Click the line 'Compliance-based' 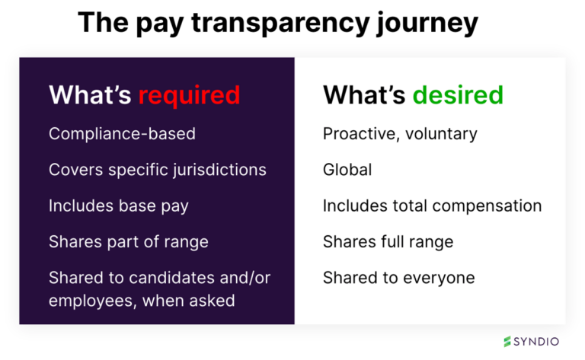pyautogui.click(x=122, y=134)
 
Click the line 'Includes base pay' pyautogui.click(x=119, y=205)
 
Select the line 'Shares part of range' pyautogui.click(x=128, y=241)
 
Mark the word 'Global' pyautogui.click(x=347, y=169)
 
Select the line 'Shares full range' pyautogui.click(x=388, y=241)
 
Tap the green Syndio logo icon pyautogui.click(x=507, y=342)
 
